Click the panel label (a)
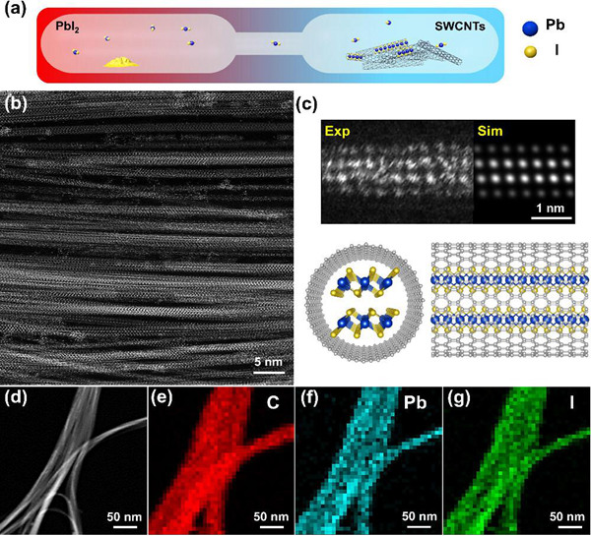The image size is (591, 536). pos(17,12)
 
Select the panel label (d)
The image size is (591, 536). pos(17,399)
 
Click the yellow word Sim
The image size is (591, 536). pos(492,131)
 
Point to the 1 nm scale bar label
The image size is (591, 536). pos(548,208)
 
